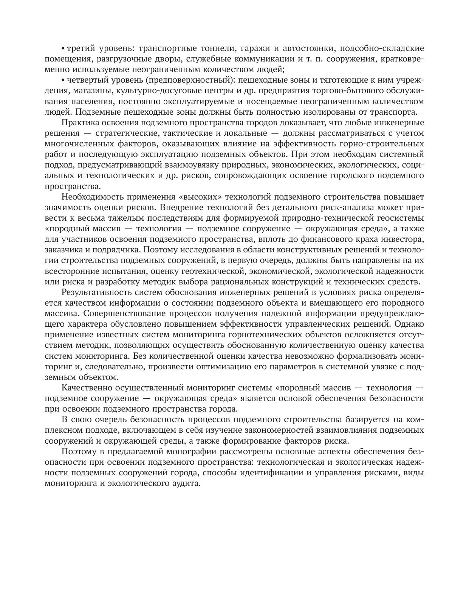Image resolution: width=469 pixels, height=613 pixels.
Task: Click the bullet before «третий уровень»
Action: click(x=63, y=48)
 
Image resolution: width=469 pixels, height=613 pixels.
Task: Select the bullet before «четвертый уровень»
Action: click(x=63, y=80)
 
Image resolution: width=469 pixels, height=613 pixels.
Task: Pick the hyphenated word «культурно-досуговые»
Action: click(x=154, y=91)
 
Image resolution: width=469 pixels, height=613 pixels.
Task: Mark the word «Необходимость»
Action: click(x=89, y=197)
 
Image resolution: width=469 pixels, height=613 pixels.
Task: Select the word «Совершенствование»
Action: click(x=124, y=313)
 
